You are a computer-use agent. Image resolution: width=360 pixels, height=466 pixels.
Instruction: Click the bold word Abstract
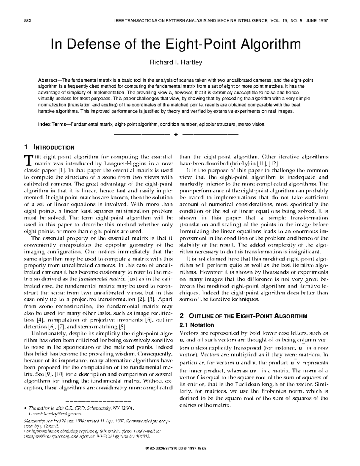tap(48, 80)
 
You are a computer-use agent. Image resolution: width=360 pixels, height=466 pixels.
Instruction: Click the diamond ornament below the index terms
tap(176, 134)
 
